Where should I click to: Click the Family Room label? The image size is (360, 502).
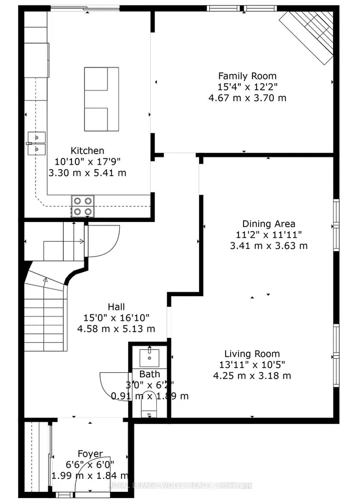tap(247, 76)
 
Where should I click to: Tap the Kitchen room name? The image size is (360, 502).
tap(87, 151)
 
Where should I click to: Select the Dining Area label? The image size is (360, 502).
tap(269, 224)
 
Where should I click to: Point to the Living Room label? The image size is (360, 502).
tap(252, 354)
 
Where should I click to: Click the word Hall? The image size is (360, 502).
tap(116, 306)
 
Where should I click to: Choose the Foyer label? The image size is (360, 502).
tap(90, 454)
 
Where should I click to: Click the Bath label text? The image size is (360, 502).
tap(150, 374)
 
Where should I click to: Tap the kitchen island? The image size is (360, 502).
tap(101, 99)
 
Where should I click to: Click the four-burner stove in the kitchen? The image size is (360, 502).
tap(83, 206)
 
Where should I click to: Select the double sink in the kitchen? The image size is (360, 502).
tap(36, 143)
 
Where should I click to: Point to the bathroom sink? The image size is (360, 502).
tap(150, 356)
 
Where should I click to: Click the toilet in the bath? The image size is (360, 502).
tap(149, 408)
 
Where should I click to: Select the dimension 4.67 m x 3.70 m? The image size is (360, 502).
tap(247, 98)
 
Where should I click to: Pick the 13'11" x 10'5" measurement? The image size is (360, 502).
tap(252, 365)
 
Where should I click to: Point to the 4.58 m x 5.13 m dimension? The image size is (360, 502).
tap(116, 329)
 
